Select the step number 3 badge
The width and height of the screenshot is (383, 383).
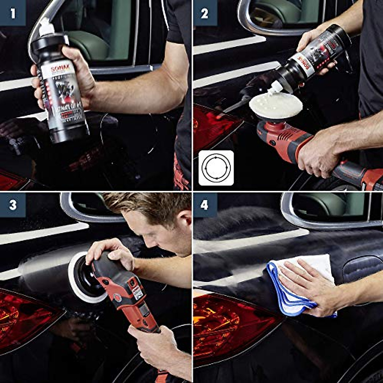[x=13, y=205]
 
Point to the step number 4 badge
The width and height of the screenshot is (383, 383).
[x=204, y=205]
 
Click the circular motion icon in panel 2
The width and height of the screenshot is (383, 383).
[x=216, y=168]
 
